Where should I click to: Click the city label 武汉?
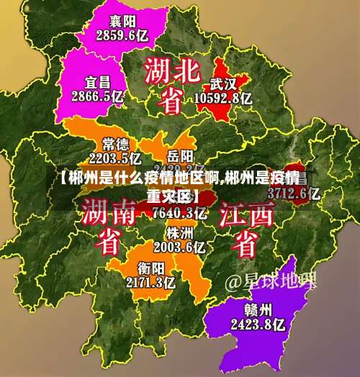[224, 83]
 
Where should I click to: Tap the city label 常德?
[116, 143]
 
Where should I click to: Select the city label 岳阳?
[180, 155]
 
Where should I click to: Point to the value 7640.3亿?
[180, 212]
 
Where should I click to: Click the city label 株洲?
[179, 233]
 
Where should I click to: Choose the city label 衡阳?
[150, 268]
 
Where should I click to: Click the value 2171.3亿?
[150, 282]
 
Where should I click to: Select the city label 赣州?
[258, 310]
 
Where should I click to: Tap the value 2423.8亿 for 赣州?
[258, 324]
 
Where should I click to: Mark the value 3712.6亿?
[293, 193]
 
